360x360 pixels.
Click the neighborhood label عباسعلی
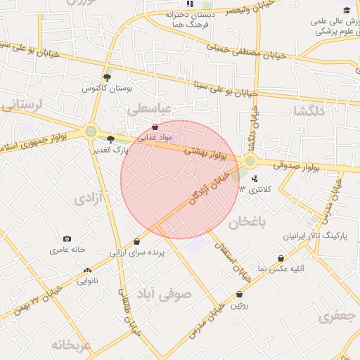pyautogui.click(x=150, y=110)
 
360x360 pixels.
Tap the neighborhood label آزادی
pyautogui.click(x=89, y=200)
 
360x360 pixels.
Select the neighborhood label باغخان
pyautogui.click(x=248, y=223)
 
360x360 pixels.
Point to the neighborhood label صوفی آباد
pyautogui.click(x=164, y=295)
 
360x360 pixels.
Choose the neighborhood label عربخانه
pyautogui.click(x=71, y=346)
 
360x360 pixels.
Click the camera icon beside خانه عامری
pyautogui.click(x=67, y=239)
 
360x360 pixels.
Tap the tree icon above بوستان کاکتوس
pyautogui.click(x=107, y=77)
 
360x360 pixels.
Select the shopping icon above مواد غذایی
pyautogui.click(x=155, y=127)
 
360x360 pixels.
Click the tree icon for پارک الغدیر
pyautogui.click(x=110, y=139)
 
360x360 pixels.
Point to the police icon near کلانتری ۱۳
pyautogui.click(x=255, y=179)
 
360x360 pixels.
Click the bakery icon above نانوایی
pyautogui.click(x=87, y=271)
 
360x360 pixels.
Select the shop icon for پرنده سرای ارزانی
pyautogui.click(x=136, y=241)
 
